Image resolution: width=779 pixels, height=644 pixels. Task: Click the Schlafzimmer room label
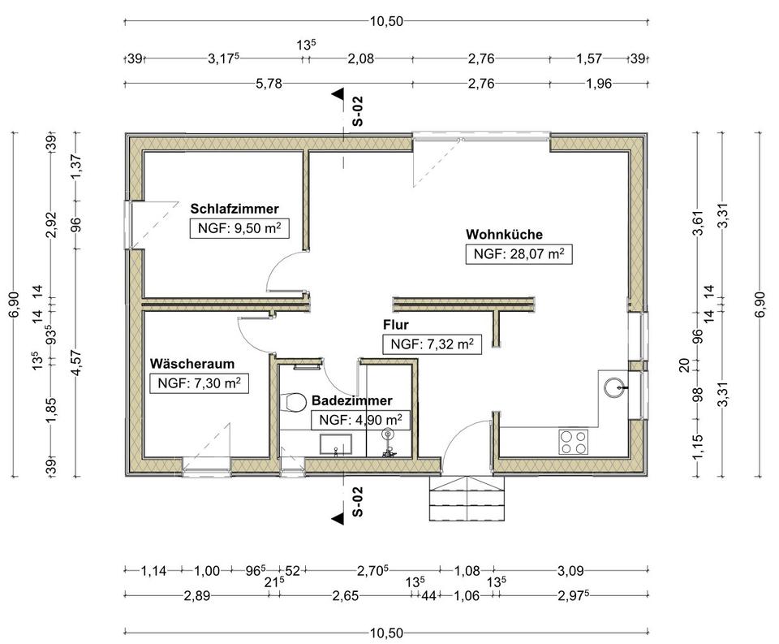(235, 209)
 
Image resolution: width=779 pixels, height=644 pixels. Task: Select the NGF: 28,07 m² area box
(519, 254)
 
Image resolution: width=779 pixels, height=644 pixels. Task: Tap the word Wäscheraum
(192, 364)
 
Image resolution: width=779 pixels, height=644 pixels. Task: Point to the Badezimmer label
(351, 400)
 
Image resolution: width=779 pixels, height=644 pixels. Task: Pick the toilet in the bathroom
(293, 402)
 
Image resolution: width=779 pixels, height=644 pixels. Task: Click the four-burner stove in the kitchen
(574, 442)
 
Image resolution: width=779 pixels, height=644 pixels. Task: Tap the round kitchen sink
(614, 387)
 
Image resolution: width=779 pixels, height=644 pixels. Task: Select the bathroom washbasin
(335, 444)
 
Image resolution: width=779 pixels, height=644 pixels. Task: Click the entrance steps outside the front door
(467, 498)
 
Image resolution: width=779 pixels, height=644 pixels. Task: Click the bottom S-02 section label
(357, 501)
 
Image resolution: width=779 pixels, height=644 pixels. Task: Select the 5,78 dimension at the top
(269, 83)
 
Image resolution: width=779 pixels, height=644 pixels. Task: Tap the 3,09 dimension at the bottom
(570, 570)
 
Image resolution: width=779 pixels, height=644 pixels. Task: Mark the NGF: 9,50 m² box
(239, 229)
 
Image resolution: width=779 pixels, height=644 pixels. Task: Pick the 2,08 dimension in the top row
(360, 58)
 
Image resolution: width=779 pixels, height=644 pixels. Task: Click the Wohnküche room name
(504, 234)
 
